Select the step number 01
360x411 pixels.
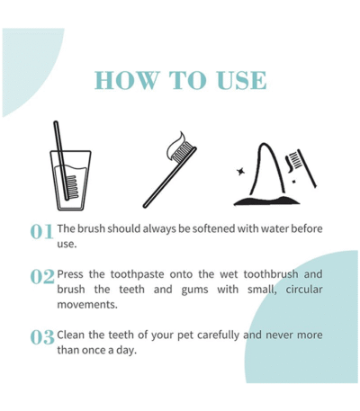42,232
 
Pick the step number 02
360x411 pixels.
42,277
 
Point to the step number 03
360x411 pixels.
42,337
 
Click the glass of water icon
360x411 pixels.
70,180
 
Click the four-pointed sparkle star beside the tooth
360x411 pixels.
240,172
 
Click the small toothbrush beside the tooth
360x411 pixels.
301,167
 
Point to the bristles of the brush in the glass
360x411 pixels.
73,187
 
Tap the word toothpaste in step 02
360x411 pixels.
138,274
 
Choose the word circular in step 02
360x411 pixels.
304,290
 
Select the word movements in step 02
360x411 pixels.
87,305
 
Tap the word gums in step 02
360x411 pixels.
194,290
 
